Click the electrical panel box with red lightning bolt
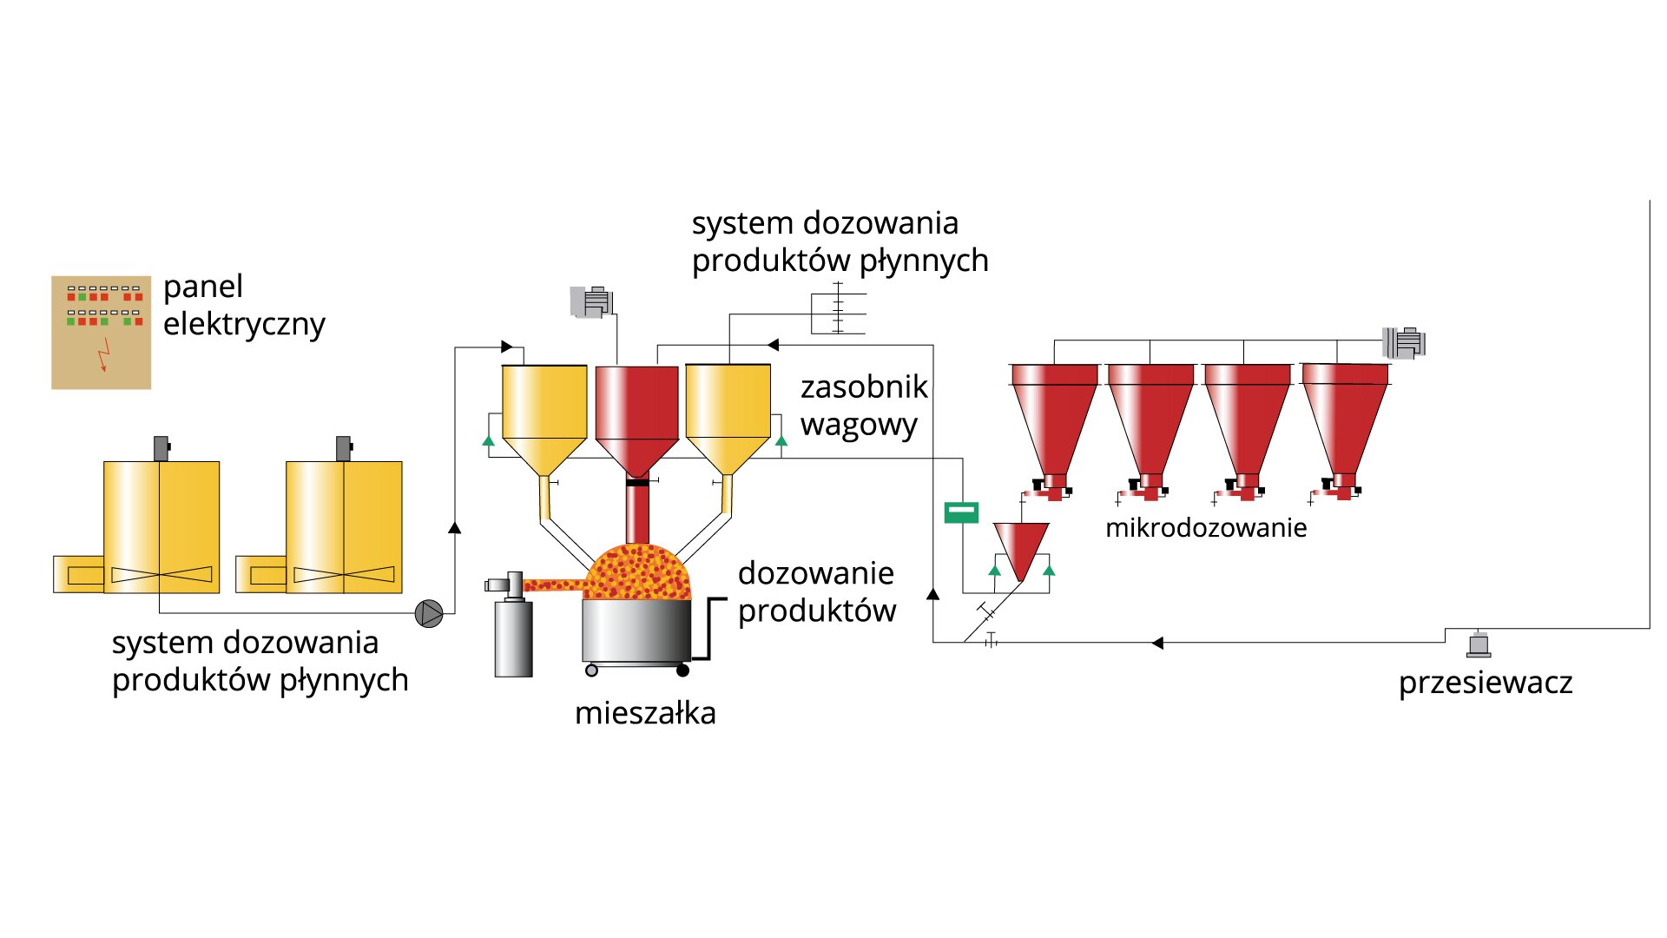101,333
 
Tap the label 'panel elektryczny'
243,305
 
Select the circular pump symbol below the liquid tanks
429,613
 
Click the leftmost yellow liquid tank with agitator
161,527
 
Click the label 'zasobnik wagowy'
863,406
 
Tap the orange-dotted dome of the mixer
638,572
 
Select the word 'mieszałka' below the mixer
645,713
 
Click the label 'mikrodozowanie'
1205,527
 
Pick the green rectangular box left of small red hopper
961,512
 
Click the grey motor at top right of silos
1404,342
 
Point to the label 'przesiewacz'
1485,683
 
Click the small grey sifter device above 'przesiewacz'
1479,644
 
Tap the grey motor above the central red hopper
592,301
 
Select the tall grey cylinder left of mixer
513,637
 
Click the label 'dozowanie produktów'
816,591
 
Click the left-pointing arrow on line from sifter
1157,643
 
